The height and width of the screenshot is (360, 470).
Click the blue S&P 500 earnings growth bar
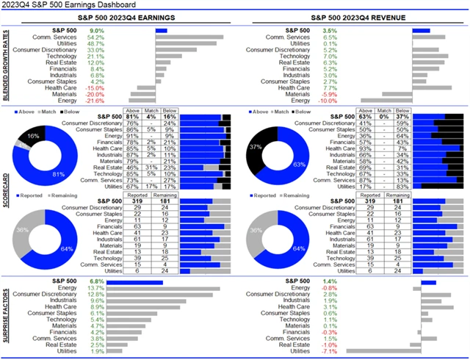pyautogui.click(x=162, y=30)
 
